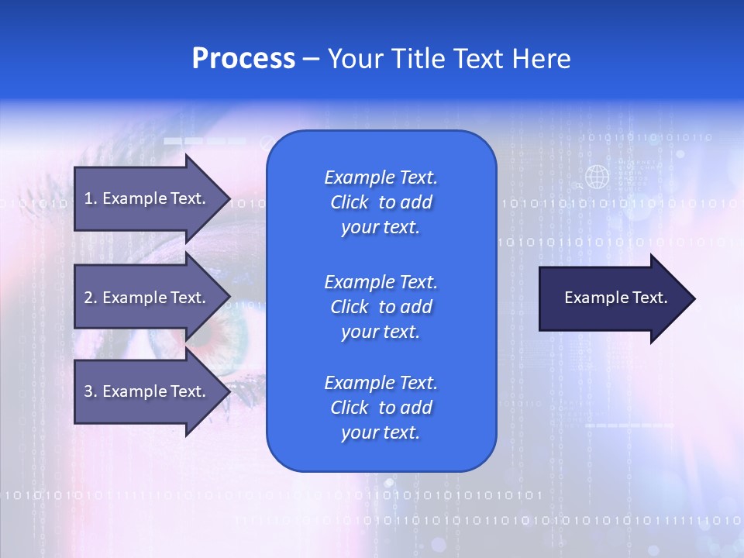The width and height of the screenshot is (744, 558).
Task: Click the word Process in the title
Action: (x=243, y=59)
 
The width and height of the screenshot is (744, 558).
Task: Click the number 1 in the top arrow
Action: (x=88, y=198)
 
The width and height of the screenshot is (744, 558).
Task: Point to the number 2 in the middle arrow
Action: (x=88, y=298)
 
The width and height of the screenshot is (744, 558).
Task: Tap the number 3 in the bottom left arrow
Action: (x=88, y=391)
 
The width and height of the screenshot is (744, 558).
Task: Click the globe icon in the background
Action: (x=597, y=177)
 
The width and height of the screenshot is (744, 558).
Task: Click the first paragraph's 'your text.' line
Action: (x=381, y=228)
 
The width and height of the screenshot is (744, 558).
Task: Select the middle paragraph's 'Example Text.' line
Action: (x=381, y=281)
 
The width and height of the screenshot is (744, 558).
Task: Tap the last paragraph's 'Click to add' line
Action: (x=381, y=408)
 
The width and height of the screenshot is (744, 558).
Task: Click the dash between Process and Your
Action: (x=311, y=59)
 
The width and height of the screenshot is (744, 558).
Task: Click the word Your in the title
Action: (x=356, y=59)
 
